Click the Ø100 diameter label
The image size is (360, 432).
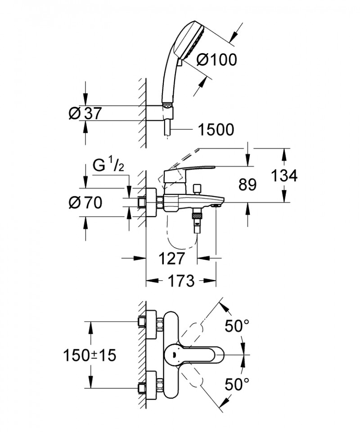coord(217,59)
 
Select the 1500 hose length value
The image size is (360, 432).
coord(216,130)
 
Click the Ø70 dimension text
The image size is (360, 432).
coord(85,202)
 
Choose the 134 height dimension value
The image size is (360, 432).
coord(284,176)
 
